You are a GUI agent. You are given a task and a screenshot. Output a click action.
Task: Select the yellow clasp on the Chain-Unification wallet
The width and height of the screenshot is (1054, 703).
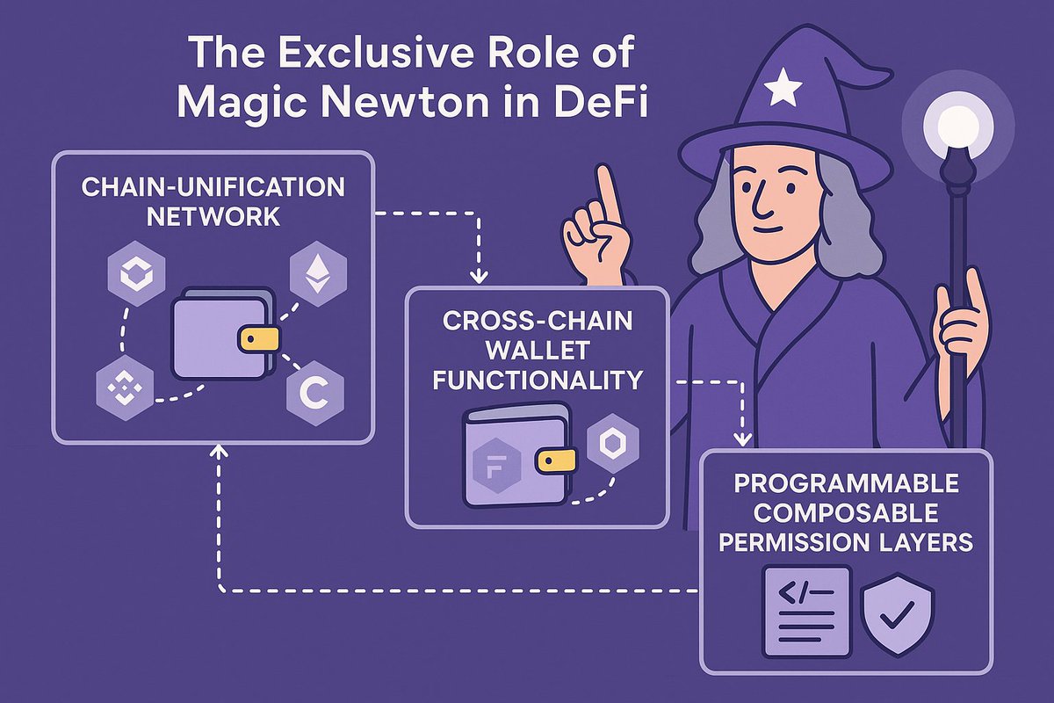tap(257, 339)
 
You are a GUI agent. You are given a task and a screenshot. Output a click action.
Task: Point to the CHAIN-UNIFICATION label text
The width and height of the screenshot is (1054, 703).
tap(214, 188)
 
